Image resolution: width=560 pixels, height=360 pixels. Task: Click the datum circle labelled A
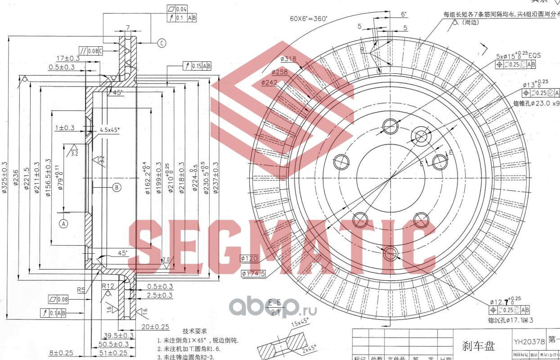click(63, 223)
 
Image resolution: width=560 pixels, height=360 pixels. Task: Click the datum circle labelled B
click(116, 187)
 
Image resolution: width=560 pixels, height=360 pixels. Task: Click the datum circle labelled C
click(161, 43)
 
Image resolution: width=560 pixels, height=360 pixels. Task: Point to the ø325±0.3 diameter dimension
click(5, 177)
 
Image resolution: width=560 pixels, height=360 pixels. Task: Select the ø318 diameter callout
click(288, 59)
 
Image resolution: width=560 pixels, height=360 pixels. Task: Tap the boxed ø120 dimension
click(249, 258)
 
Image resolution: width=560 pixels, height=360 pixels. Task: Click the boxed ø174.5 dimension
click(253, 273)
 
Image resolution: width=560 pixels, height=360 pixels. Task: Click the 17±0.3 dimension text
click(68, 58)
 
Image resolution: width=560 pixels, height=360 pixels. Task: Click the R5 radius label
click(81, 290)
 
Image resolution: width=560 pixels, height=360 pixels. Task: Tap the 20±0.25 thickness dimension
click(155, 327)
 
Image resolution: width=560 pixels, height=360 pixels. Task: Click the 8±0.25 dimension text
click(61, 353)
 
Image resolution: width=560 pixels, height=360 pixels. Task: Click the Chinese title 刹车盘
click(479, 346)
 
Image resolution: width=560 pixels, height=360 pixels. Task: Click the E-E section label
click(274, 301)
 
